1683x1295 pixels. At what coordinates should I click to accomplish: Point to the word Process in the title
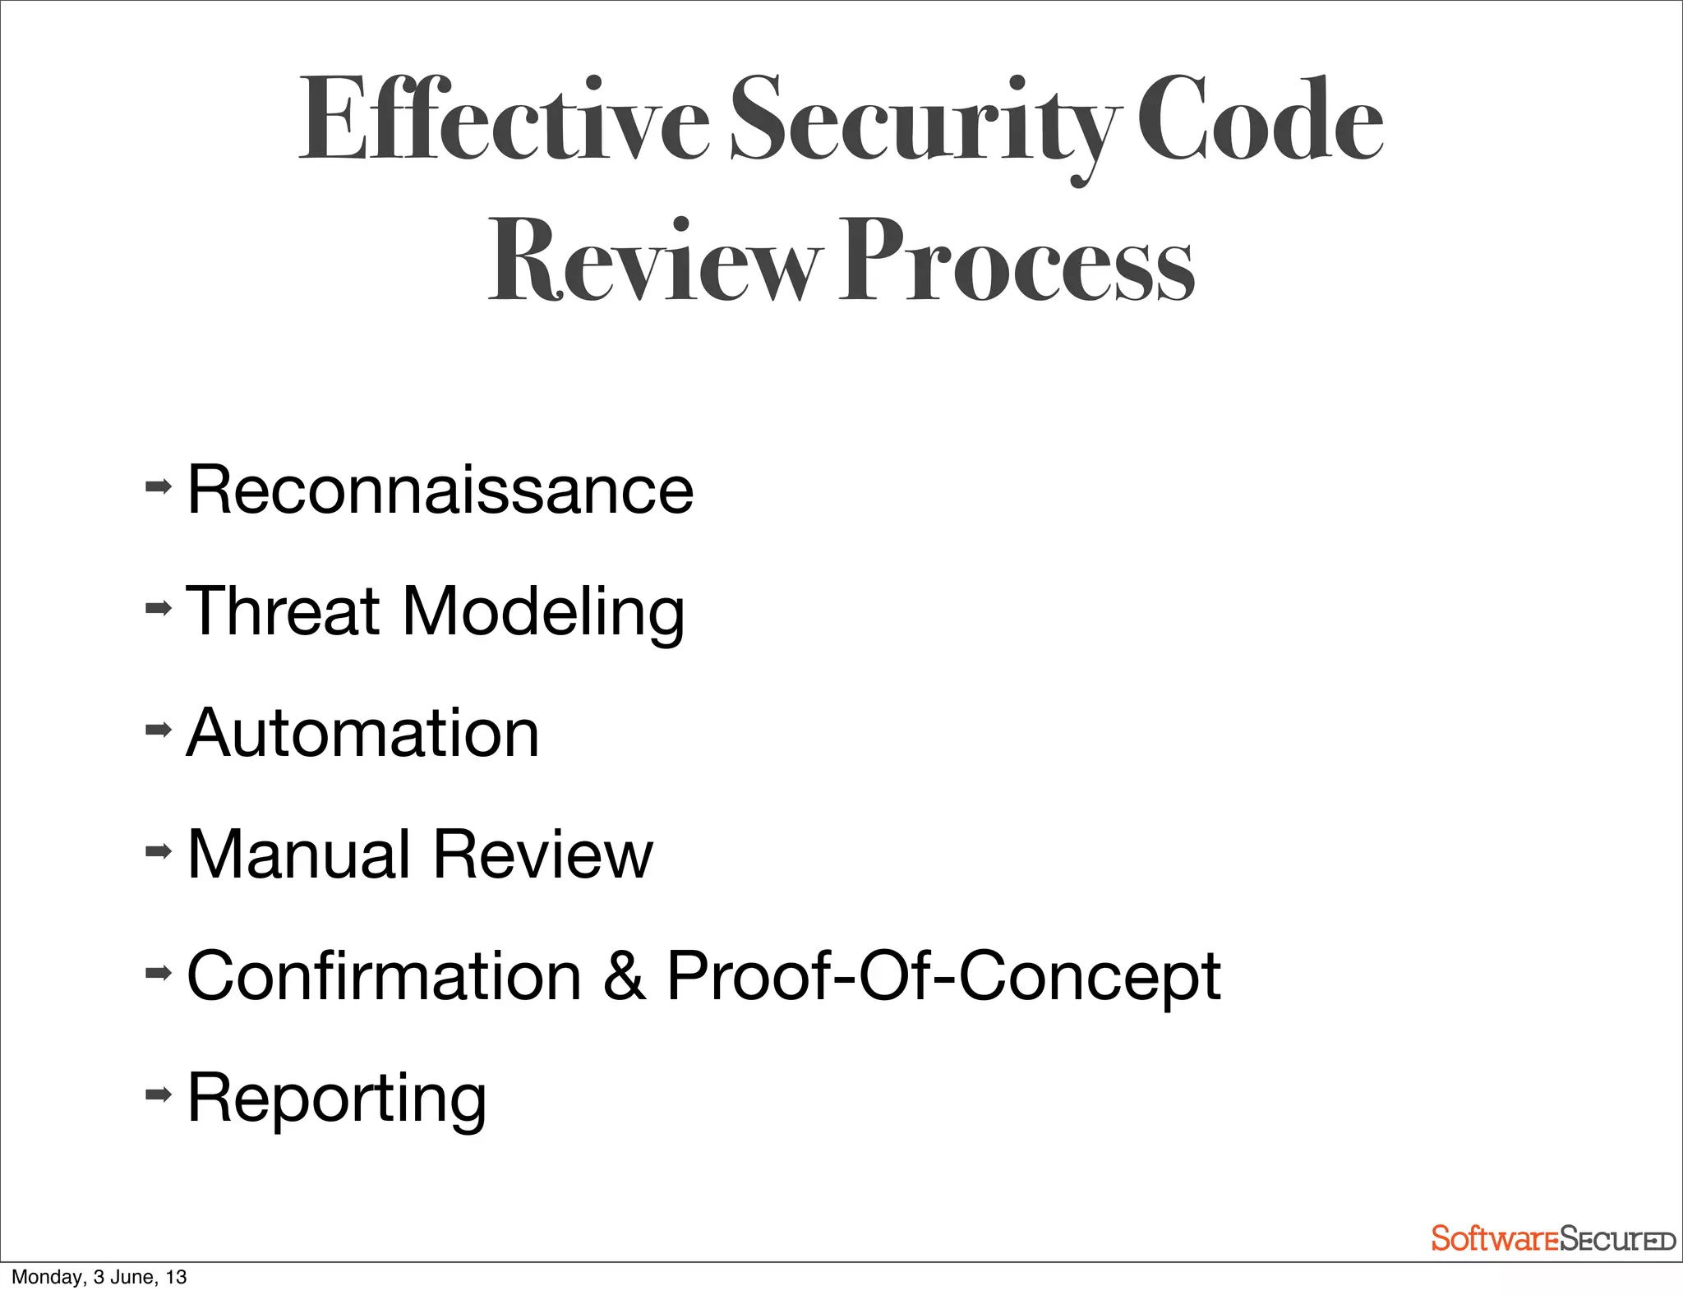(1016, 261)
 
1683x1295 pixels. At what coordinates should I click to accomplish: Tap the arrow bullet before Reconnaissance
(159, 486)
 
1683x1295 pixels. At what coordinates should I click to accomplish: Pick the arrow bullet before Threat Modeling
(159, 608)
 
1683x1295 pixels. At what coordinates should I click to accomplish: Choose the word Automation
(363, 733)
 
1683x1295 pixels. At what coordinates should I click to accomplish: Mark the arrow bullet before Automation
(159, 729)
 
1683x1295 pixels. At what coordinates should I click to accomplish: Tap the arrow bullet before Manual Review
(159, 850)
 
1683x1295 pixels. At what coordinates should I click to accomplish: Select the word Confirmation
(385, 976)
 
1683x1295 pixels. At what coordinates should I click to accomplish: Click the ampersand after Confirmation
(625, 976)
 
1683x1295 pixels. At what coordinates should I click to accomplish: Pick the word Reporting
(337, 1099)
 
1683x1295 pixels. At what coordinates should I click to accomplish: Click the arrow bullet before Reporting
(159, 1094)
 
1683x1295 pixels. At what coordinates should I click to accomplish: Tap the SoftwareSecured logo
(1552, 1238)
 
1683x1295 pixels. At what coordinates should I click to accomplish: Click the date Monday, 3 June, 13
(99, 1277)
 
